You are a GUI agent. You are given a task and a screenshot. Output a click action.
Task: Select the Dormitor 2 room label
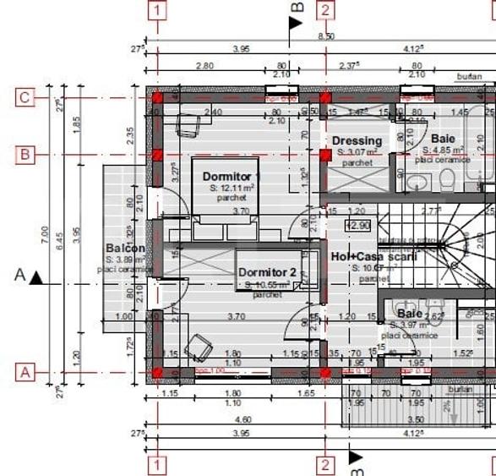point(267,273)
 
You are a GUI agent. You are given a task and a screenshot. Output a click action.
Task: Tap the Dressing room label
point(357,140)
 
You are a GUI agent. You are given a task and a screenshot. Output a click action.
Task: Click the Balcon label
point(125,249)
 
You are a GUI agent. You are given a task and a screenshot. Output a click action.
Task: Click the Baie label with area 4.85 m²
point(442,138)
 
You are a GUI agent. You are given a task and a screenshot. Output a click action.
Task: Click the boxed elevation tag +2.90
point(357,226)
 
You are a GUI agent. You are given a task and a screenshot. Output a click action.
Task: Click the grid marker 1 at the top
point(157,10)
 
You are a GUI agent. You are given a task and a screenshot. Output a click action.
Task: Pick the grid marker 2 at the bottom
point(325,464)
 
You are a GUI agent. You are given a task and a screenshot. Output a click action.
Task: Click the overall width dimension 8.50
point(325,36)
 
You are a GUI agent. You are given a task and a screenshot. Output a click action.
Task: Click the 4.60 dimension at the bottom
point(243,419)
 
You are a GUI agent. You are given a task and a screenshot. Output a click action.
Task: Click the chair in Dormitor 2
point(199,346)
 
